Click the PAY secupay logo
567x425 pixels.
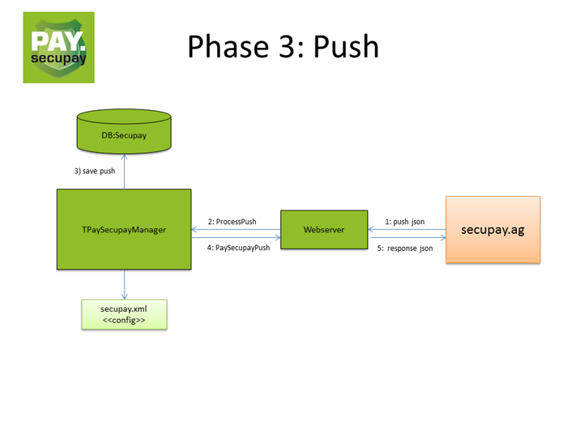pos(58,47)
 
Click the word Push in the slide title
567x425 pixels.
pos(342,46)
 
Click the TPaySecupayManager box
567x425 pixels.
pos(124,229)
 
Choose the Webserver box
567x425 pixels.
pos(324,230)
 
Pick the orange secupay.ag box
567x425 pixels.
pos(492,229)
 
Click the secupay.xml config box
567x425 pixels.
pos(124,313)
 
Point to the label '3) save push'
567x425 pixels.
pos(95,172)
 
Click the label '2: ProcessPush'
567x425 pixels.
pos(232,220)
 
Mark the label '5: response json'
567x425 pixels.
pos(405,249)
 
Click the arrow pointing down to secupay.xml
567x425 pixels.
pos(124,284)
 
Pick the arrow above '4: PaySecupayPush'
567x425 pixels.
pos(235,238)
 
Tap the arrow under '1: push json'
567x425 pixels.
pos(406,229)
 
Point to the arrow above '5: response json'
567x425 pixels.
pos(406,238)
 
